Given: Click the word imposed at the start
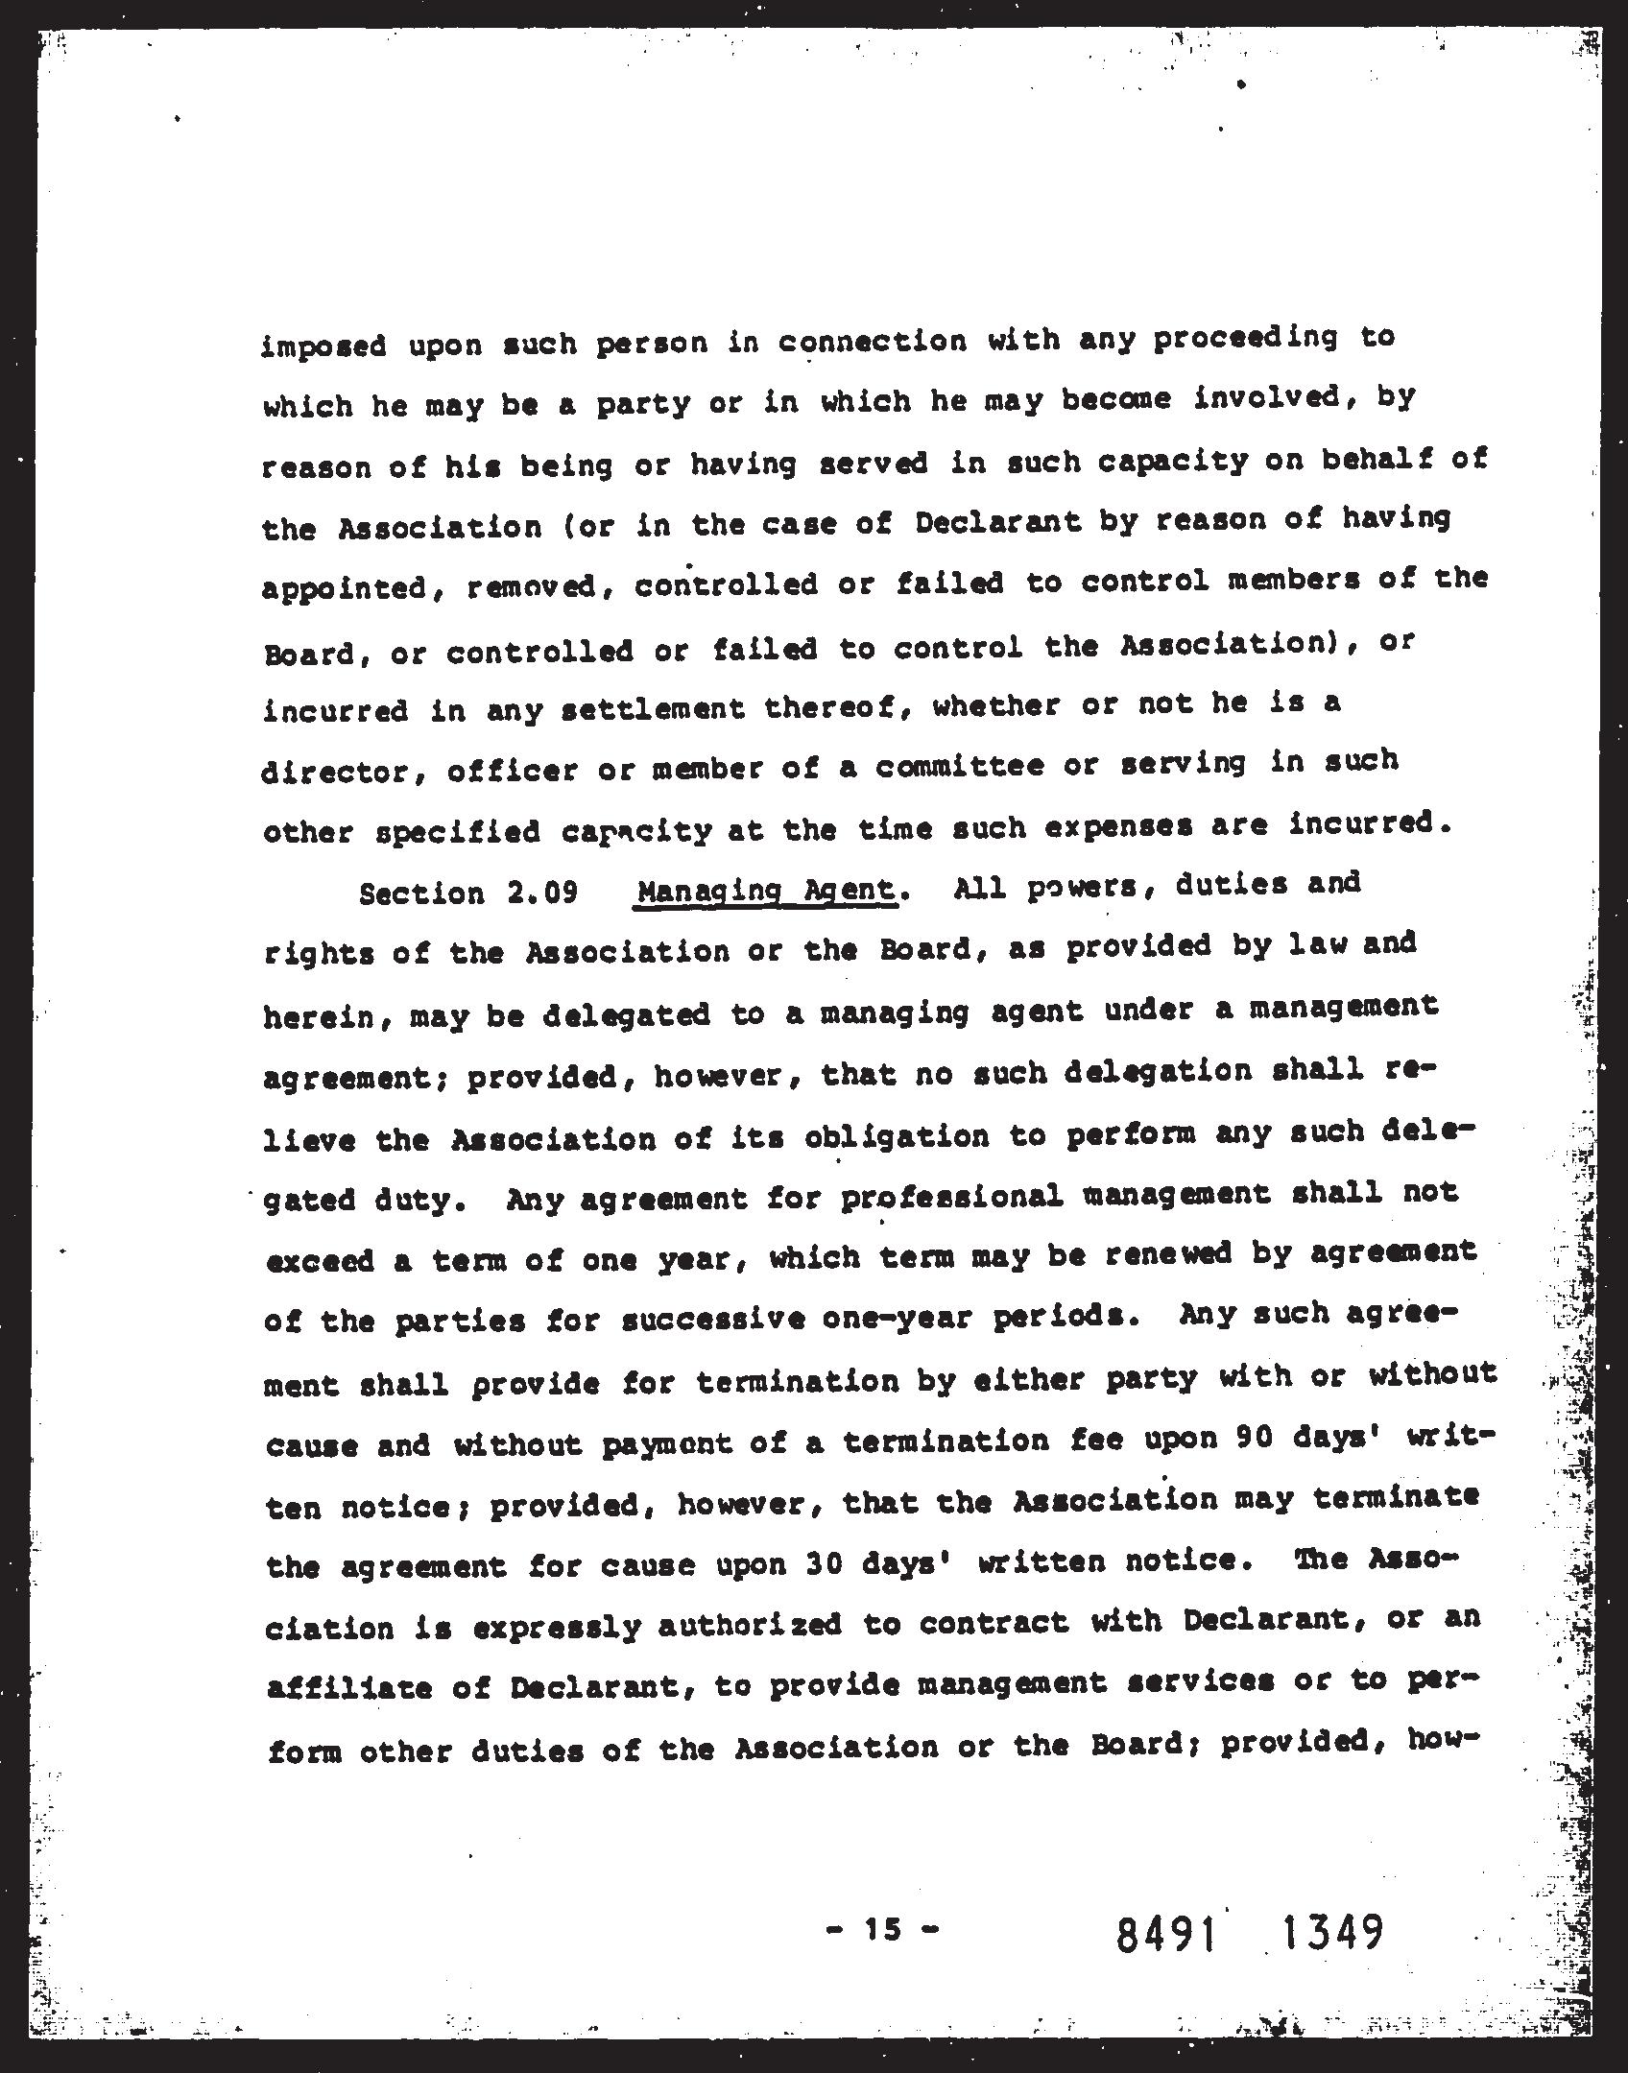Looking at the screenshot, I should point(323,345).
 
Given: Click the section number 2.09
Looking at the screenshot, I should point(542,893).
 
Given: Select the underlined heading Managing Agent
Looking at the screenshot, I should point(767,891).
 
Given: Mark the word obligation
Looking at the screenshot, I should point(897,1136).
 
